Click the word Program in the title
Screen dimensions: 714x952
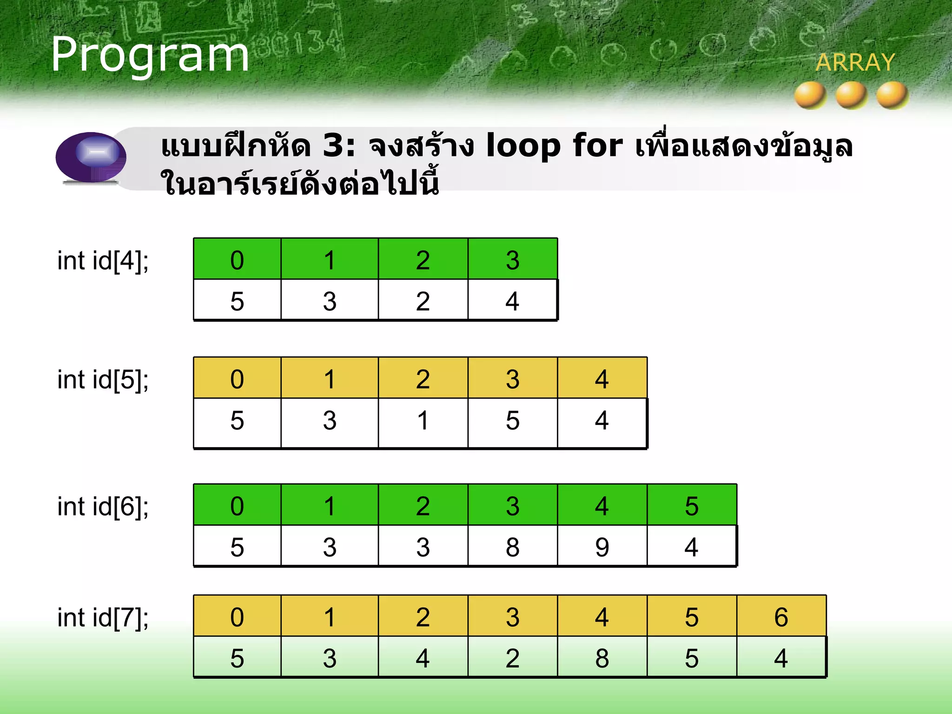pos(150,55)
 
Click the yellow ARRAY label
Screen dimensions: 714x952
pos(855,63)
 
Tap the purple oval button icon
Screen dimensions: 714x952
pos(91,157)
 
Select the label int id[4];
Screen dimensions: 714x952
pos(103,260)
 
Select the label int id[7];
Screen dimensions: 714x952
pos(103,618)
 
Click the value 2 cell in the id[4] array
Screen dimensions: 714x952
pos(423,301)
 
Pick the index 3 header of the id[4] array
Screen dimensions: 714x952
pos(512,259)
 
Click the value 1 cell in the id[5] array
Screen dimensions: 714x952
pos(423,421)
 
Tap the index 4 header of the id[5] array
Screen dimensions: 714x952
pos(602,379)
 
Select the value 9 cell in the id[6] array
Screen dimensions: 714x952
pos(602,547)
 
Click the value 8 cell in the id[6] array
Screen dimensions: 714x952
pos(512,547)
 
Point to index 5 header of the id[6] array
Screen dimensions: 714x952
pos(691,506)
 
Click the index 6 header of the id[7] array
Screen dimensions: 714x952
pos(781,617)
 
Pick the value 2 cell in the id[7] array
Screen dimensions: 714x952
pos(512,658)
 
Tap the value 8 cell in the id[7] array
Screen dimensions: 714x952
pos(602,658)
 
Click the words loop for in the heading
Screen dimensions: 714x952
pos(554,145)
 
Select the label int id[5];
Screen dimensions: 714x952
pos(103,380)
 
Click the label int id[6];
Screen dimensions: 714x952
pos(103,507)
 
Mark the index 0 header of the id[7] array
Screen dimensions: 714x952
pos(237,617)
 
